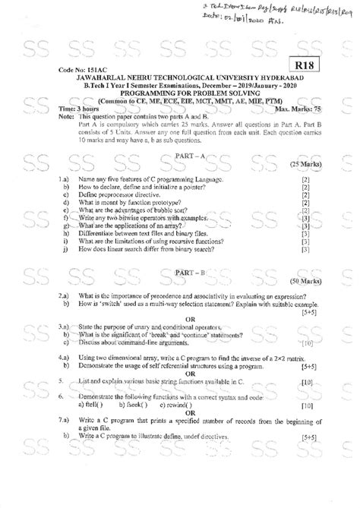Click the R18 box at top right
click(309, 68)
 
